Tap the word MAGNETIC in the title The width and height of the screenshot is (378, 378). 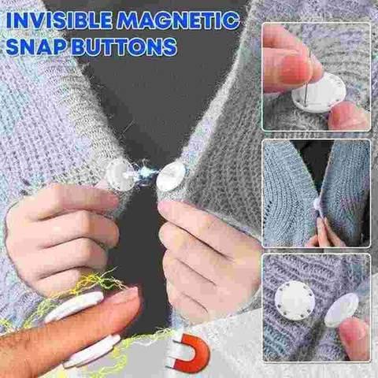coord(180,17)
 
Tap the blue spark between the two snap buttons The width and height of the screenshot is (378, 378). coord(146,175)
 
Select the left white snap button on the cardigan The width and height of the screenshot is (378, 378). coord(120,174)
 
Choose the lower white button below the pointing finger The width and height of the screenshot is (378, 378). coord(91,350)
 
